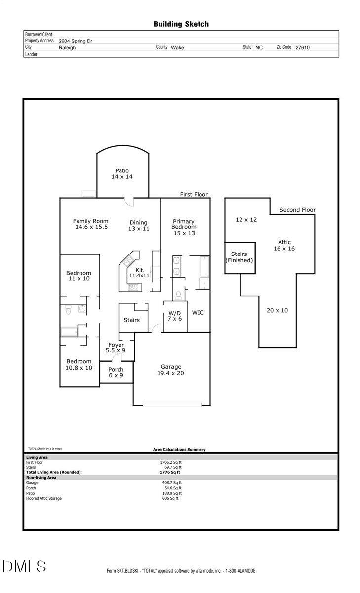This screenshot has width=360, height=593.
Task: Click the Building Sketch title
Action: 181,24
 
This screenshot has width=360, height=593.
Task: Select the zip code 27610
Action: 303,48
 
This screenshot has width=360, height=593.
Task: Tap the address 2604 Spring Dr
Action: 75,42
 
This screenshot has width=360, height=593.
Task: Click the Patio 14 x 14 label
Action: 122,173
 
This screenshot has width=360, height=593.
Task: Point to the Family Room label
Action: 90,224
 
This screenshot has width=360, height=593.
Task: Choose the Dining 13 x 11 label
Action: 138,225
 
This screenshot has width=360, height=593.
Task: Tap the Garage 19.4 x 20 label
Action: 171,370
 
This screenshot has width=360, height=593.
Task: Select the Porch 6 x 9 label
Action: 116,372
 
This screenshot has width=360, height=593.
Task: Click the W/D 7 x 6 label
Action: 175,316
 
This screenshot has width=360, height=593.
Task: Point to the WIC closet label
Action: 198,313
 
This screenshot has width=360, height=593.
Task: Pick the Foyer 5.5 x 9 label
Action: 116,347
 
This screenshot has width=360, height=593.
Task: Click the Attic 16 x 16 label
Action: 284,245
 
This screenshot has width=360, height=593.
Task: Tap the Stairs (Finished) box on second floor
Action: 240,257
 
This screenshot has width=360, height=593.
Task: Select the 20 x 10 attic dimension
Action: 277,310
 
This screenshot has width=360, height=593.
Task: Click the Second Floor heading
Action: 297,210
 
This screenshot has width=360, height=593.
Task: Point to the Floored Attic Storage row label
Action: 44,498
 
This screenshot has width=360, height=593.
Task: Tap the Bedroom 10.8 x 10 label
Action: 79,364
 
